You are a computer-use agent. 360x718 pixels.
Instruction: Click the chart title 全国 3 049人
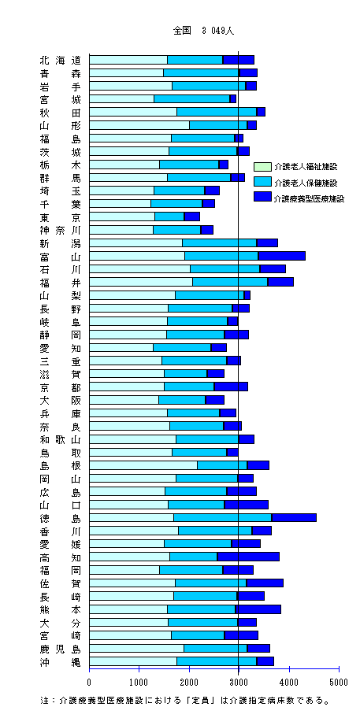coord(204,31)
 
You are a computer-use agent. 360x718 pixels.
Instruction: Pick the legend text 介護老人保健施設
coord(306,183)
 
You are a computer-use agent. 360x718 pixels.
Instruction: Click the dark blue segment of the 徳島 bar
coord(294,517)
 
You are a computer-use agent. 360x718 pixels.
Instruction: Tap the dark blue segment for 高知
coord(248,557)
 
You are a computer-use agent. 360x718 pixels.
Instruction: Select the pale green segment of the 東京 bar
coord(122,217)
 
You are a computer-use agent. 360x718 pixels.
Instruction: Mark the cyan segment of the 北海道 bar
coord(195,60)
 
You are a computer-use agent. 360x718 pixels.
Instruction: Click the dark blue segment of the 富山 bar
coord(282,256)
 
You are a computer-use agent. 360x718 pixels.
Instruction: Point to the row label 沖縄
coord(60,661)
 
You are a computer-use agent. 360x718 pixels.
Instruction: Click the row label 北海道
coord(60,60)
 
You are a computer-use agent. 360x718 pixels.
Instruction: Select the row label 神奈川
coord(60,230)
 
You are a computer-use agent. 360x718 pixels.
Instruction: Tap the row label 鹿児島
coord(60,649)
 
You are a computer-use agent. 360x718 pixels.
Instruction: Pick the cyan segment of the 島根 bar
coord(222,465)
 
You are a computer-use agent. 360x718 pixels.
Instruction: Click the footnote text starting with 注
coord(185,701)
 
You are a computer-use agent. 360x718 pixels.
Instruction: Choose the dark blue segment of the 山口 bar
coord(247,504)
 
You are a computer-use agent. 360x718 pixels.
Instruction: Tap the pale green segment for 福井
coord(141,282)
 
